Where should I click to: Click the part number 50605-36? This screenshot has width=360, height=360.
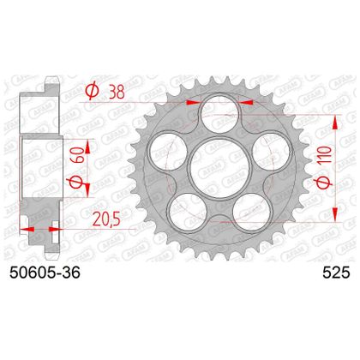click(x=45, y=273)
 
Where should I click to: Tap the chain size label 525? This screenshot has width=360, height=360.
click(x=336, y=273)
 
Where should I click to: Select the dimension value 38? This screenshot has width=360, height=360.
click(x=117, y=93)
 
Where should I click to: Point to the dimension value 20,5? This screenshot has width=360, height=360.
click(x=106, y=219)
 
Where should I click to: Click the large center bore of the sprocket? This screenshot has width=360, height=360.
click(x=220, y=168)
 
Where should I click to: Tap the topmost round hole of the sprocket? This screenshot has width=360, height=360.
click(x=220, y=112)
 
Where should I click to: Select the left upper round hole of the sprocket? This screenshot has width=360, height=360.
click(x=168, y=151)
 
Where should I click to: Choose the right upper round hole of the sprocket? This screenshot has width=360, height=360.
click(x=273, y=151)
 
